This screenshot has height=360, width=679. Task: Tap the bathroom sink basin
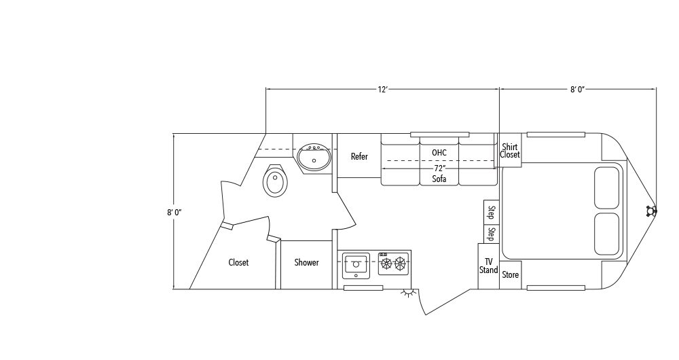click(x=314, y=158)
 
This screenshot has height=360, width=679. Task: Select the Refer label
click(x=359, y=157)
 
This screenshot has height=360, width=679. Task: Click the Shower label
click(x=306, y=263)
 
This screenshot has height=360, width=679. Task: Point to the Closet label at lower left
click(x=238, y=263)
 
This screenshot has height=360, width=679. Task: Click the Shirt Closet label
click(x=510, y=151)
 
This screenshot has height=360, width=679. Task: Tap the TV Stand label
click(x=488, y=266)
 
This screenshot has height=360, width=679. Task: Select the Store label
click(x=510, y=275)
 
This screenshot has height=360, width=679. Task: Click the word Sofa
click(x=439, y=179)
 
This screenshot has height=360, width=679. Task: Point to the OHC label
click(x=439, y=152)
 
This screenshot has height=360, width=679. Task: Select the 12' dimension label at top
click(x=383, y=89)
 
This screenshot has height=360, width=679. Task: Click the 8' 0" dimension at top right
click(x=578, y=89)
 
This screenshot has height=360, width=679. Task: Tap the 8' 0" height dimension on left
click(x=174, y=212)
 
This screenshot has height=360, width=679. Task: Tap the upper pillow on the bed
click(x=606, y=187)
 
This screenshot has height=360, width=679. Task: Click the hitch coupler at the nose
click(x=653, y=211)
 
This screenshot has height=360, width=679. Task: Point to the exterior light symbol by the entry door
click(x=407, y=293)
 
